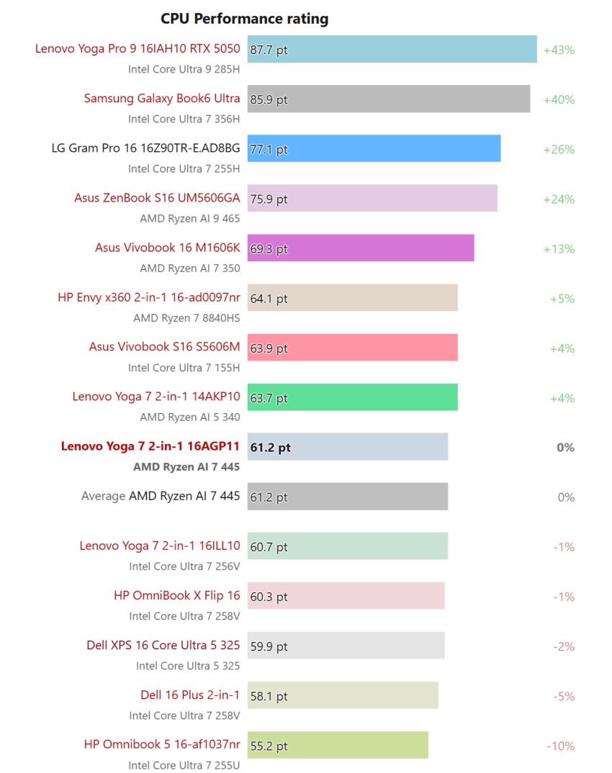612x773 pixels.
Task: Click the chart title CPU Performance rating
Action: coord(244,19)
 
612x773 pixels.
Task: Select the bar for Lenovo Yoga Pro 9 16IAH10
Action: coord(392,50)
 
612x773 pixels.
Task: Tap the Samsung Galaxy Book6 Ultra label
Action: coord(162,99)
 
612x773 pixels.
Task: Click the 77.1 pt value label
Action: coord(269,150)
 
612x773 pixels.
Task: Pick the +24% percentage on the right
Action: coord(559,199)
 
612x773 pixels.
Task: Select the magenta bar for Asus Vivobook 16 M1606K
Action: coord(360,248)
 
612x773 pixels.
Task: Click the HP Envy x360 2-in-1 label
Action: coord(149,297)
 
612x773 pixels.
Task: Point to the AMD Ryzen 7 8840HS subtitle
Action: coord(186,317)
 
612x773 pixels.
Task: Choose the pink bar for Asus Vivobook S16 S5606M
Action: coord(352,348)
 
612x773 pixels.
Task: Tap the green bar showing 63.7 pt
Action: coord(352,397)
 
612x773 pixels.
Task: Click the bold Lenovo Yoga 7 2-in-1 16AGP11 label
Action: coord(150,446)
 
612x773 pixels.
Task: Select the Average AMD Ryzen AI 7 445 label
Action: coord(161,496)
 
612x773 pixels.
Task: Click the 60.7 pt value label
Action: coord(269,547)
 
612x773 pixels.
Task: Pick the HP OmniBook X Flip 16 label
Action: coord(177,595)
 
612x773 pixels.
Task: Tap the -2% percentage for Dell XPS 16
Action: coord(564,646)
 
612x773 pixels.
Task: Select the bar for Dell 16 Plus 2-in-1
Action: coord(343,696)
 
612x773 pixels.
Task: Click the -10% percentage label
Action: coord(561,746)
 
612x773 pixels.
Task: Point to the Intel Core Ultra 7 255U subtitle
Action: coord(184,765)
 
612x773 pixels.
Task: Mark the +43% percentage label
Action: coord(559,50)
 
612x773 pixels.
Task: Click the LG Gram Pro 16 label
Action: coord(146,148)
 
